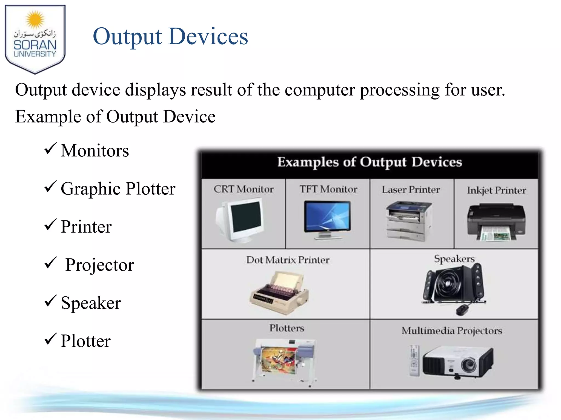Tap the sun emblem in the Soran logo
pyautogui.click(x=35, y=20)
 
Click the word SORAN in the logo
pyautogui.click(x=35, y=45)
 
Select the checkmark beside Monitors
pyautogui.click(x=50, y=149)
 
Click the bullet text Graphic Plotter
pyautogui.click(x=118, y=189)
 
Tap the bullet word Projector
pyautogui.click(x=100, y=265)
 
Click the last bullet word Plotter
pyautogui.click(x=85, y=341)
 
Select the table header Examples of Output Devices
pyautogui.click(x=370, y=162)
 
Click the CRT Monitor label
pyautogui.click(x=244, y=189)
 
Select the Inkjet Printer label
pyautogui.click(x=496, y=190)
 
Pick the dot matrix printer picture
pyautogui.click(x=279, y=293)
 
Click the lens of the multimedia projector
pyautogui.click(x=469, y=365)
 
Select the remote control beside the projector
pyautogui.click(x=414, y=360)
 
